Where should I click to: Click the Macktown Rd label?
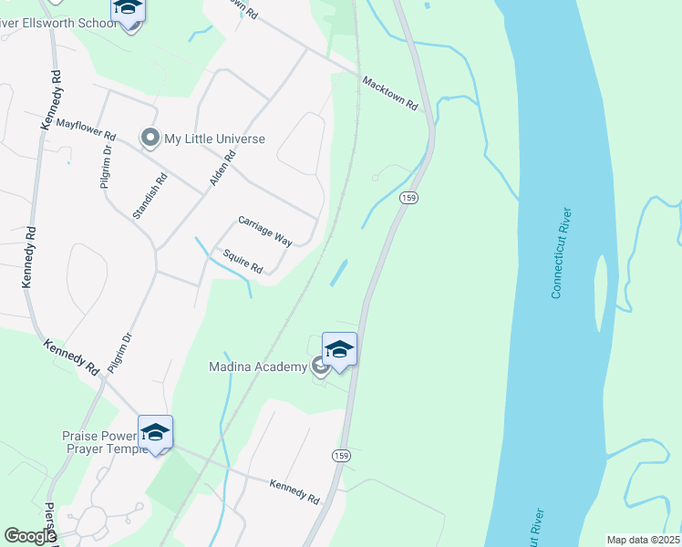(x=389, y=94)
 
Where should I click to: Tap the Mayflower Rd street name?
(x=86, y=133)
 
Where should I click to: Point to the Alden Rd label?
(x=223, y=169)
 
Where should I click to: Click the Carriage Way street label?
(x=264, y=232)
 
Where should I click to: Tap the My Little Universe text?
(x=214, y=139)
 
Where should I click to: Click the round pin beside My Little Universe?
(x=150, y=139)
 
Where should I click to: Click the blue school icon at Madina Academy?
(x=339, y=350)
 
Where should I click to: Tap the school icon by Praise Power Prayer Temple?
(x=155, y=433)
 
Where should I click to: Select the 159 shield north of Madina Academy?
(x=408, y=198)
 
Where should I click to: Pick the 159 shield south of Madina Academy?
(x=341, y=455)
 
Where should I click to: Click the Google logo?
(x=30, y=536)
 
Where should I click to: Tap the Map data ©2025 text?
(x=642, y=540)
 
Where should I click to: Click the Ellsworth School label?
(x=59, y=23)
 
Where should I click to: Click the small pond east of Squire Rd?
(x=338, y=272)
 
